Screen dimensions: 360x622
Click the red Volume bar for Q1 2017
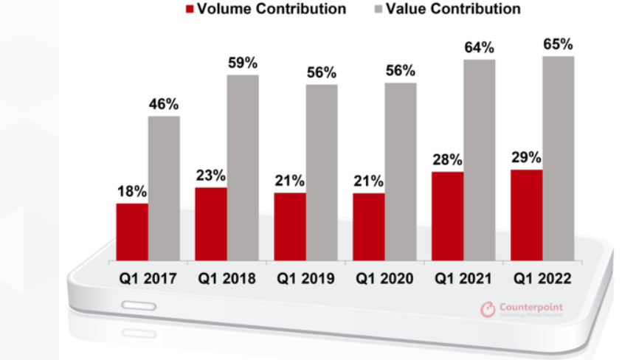pos(131,232)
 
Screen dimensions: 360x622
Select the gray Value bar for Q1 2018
pos(242,167)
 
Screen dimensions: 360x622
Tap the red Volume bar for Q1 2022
pos(526,215)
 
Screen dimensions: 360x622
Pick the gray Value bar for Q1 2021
pos(479,159)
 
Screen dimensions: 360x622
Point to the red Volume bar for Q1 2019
pos(289,226)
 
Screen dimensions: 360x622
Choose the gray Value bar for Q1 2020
pos(400,171)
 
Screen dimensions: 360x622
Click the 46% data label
pos(163,104)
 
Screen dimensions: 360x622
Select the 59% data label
pos(242,63)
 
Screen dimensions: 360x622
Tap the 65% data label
pos(558,44)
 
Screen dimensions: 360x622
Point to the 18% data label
pos(131,191)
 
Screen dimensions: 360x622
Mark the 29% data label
pos(526,158)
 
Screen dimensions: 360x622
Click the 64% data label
pos(479,48)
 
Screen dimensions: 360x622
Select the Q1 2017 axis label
pos(148,279)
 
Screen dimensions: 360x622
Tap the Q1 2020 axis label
pos(384,279)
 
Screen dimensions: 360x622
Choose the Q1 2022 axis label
pos(542,279)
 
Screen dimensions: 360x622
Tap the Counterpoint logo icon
pos(488,310)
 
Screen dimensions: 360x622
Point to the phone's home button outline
pos(139,305)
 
